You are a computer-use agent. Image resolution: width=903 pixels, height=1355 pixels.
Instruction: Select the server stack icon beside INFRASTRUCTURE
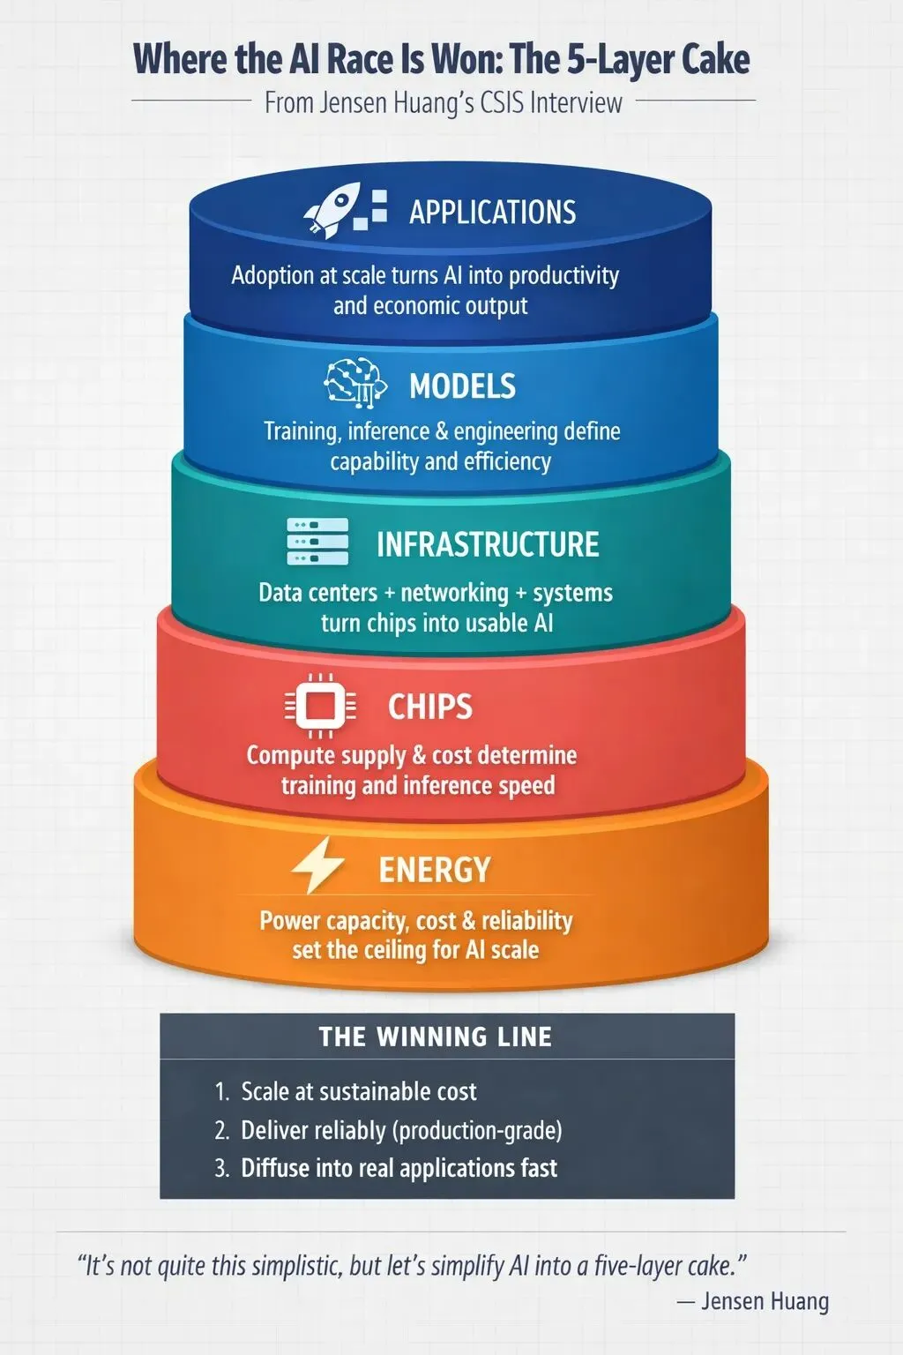(x=317, y=542)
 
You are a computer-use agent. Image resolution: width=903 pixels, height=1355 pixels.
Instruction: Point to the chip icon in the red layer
(x=320, y=706)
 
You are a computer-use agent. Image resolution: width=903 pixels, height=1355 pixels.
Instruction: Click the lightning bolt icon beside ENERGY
(x=318, y=866)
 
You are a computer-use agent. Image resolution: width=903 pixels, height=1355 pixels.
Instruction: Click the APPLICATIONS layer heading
(x=492, y=213)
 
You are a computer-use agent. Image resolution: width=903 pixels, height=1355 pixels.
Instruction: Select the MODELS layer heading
(x=462, y=386)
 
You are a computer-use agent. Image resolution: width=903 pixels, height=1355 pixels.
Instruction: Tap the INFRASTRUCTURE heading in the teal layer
(x=488, y=544)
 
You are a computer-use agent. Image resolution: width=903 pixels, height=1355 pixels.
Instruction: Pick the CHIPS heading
(x=430, y=707)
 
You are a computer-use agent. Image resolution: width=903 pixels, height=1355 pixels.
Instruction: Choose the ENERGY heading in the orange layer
(x=435, y=870)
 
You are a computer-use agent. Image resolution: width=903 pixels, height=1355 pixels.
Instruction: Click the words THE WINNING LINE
(x=436, y=1037)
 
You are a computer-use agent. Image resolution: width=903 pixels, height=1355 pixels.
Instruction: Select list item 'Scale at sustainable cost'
(x=358, y=1092)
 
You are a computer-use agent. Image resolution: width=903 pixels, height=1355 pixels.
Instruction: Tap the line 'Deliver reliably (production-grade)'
(x=401, y=1130)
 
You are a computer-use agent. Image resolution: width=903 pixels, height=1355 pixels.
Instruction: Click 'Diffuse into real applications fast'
(x=399, y=1168)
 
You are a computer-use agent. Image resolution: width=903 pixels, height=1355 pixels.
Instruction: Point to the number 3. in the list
(x=222, y=1168)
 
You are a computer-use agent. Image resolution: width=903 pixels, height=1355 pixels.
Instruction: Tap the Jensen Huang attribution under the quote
(x=764, y=1301)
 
